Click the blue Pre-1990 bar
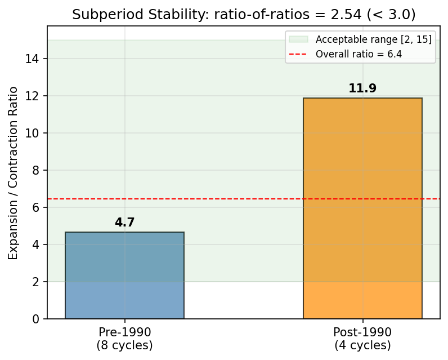124,275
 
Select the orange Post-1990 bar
362,208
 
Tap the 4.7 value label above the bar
124,223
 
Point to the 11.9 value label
362,88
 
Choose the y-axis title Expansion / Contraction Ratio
14,173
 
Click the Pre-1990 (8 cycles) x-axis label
124,338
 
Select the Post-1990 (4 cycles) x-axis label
362,338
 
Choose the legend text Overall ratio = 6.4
359,54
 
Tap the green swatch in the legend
299,39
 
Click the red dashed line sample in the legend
299,54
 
